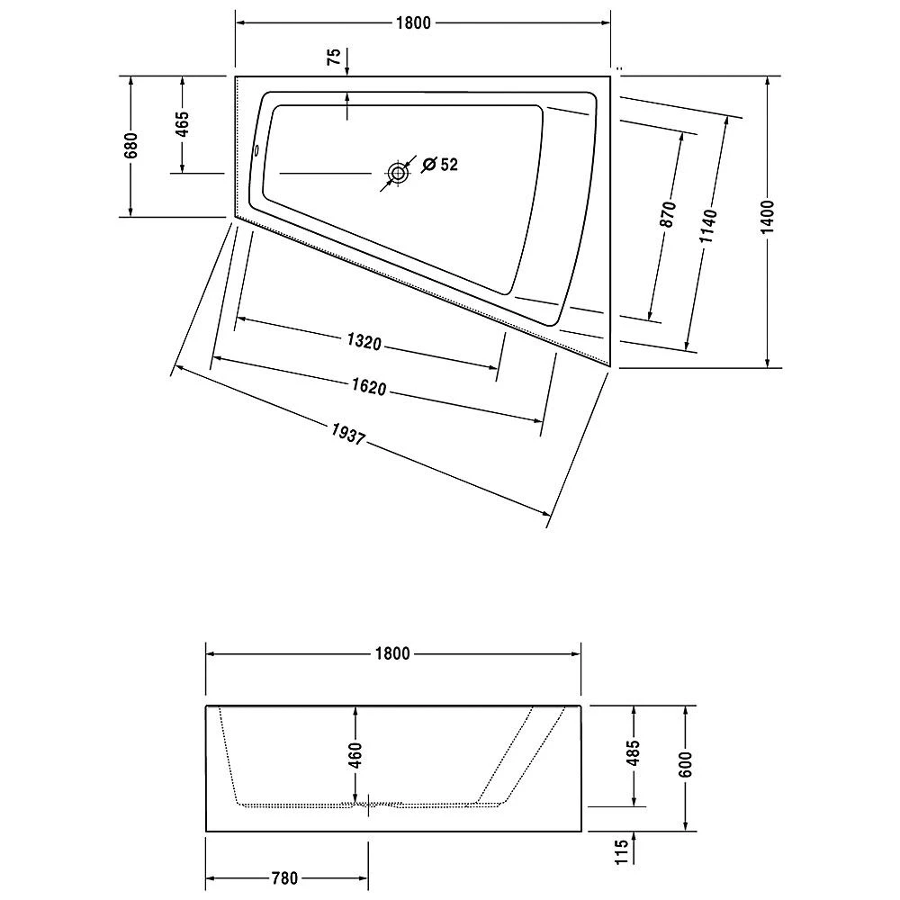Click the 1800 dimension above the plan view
(x=413, y=23)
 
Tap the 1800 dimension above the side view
(x=392, y=653)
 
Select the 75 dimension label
(x=334, y=57)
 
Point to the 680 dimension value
(x=130, y=146)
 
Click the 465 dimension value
(x=182, y=124)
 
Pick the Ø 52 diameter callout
(x=440, y=165)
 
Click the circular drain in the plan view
(x=397, y=173)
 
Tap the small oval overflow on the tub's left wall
(x=256, y=151)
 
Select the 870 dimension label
(x=668, y=214)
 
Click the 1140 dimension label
(x=708, y=226)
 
